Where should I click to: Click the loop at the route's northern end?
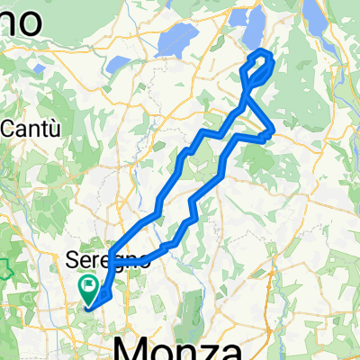pyautogui.click(x=258, y=67)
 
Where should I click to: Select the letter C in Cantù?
pyautogui.click(x=10, y=129)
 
